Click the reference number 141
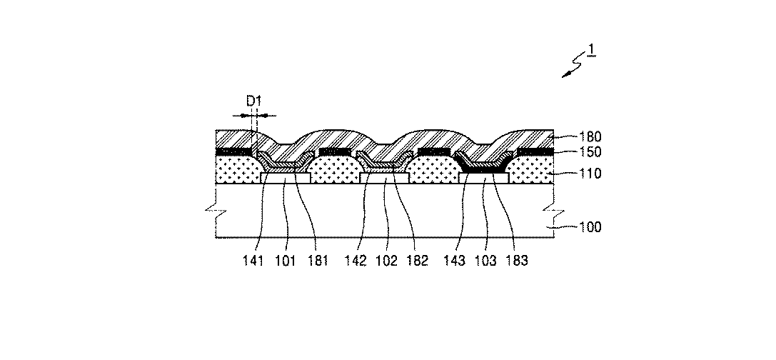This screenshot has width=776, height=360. pos(253,261)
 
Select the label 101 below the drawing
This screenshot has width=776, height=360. pos(285,261)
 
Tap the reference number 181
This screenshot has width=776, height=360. pos(317,261)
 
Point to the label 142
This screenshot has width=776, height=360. pos(356,261)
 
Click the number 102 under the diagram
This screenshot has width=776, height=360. pos(387,261)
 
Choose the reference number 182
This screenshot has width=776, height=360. pos(417,261)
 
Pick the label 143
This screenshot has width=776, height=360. pos(455,261)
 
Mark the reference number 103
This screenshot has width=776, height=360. pos(485,261)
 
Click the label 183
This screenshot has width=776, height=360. pos(517,261)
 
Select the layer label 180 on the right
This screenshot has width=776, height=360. pos(591,137)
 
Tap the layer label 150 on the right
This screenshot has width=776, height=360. pos(591,152)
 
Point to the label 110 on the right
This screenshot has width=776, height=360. pos(591,174)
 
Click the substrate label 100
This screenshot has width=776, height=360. pos(591,227)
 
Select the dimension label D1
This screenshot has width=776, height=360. pos(254,101)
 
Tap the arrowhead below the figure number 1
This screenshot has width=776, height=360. pos(565,76)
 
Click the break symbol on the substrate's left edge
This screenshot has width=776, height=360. pos(216,211)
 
